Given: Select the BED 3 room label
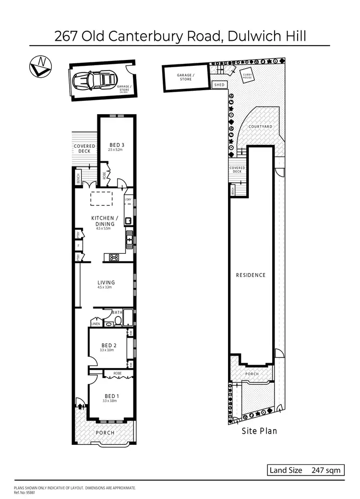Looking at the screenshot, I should point(117,145).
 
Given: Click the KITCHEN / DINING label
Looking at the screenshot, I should point(103,221).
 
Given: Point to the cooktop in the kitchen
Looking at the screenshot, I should point(114,257).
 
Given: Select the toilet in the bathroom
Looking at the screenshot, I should point(118,321).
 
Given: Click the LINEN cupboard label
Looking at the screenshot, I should point(96,324).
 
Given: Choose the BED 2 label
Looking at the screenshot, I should point(109,345).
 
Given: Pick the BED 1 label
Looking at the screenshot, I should point(109,396).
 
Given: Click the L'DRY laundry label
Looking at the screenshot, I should point(128,199).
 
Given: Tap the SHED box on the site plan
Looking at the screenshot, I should point(219,85).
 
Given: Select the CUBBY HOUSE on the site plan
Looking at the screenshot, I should point(248,76).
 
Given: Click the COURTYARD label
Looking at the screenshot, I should point(261,126).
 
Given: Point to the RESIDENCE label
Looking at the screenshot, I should point(251,275).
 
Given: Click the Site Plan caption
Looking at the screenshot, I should point(259,431).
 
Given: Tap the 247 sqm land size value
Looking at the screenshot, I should point(326,470).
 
